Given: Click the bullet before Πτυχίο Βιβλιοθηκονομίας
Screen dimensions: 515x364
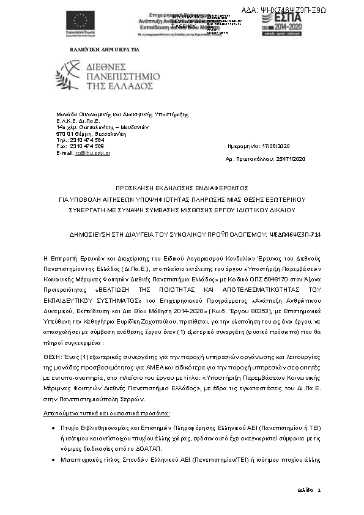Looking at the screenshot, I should pos(56,430).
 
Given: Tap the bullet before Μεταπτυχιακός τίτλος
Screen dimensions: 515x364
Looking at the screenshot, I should pos(56,461).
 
